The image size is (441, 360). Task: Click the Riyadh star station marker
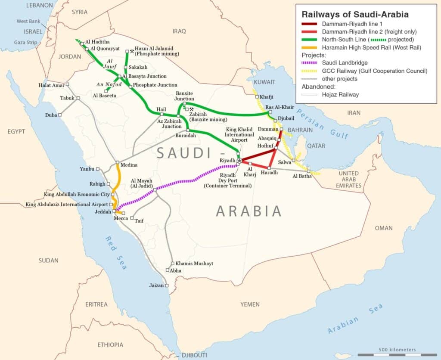click(239, 161)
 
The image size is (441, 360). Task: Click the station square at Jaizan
click(166, 285)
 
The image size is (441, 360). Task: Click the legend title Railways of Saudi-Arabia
click(354, 14)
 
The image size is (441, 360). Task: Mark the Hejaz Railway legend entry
click(340, 94)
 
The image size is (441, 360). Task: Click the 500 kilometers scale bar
click(397, 354)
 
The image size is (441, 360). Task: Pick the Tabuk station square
click(78, 98)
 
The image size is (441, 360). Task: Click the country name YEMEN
click(250, 304)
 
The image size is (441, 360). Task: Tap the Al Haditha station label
click(97, 42)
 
